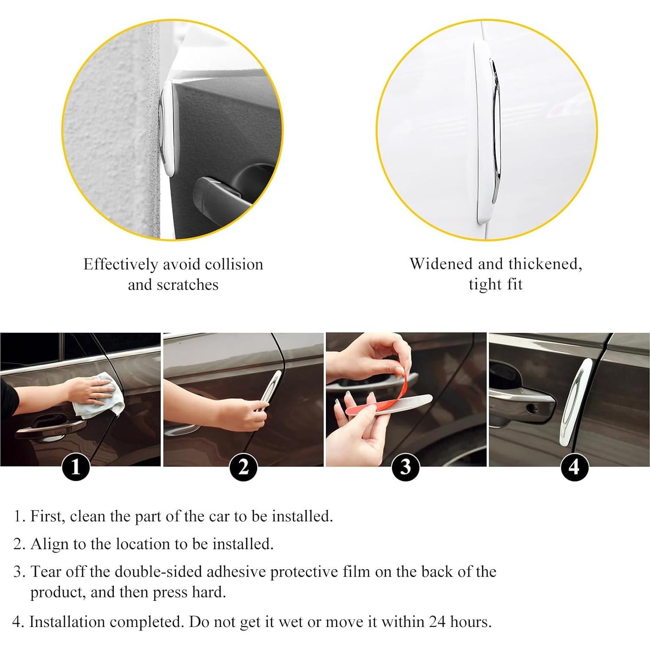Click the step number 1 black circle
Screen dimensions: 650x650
pos(76,467)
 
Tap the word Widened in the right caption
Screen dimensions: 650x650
pos(441,264)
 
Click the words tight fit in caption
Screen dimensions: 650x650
pos(495,284)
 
